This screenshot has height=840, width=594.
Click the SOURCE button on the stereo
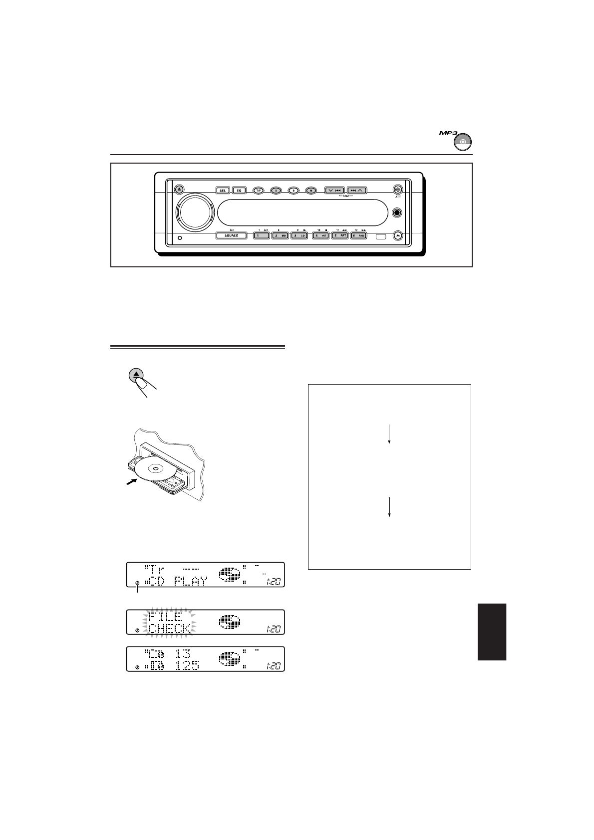[231, 235]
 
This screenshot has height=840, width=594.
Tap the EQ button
[239, 190]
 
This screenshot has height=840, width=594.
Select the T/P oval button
[259, 190]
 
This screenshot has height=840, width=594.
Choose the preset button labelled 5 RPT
[340, 235]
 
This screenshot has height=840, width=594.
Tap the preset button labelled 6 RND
[359, 235]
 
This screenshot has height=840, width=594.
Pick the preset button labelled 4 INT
[320, 235]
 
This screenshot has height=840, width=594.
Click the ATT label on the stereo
[397, 198]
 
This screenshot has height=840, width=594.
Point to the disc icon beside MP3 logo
[463, 142]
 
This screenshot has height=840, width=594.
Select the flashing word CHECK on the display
[170, 628]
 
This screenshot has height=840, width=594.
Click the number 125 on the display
[183, 665]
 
